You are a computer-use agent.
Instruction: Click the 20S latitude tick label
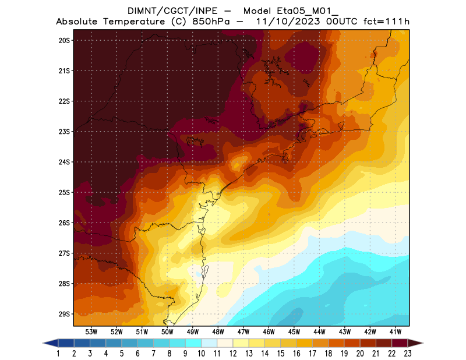64,40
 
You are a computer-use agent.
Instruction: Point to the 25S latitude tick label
64,192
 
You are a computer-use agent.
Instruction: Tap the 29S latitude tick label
64,314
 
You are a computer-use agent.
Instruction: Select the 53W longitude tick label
91,331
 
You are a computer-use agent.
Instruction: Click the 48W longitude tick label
218,331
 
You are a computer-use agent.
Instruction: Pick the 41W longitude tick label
396,331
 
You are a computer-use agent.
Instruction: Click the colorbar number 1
59,354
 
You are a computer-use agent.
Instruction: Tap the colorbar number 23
408,354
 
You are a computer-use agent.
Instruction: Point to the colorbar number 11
217,354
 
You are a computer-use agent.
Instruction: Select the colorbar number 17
313,354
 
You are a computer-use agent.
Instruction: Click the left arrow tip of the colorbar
45,343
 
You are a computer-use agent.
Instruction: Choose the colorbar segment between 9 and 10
193,343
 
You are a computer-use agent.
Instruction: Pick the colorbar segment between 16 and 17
305,343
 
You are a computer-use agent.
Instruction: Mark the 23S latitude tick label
64,132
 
